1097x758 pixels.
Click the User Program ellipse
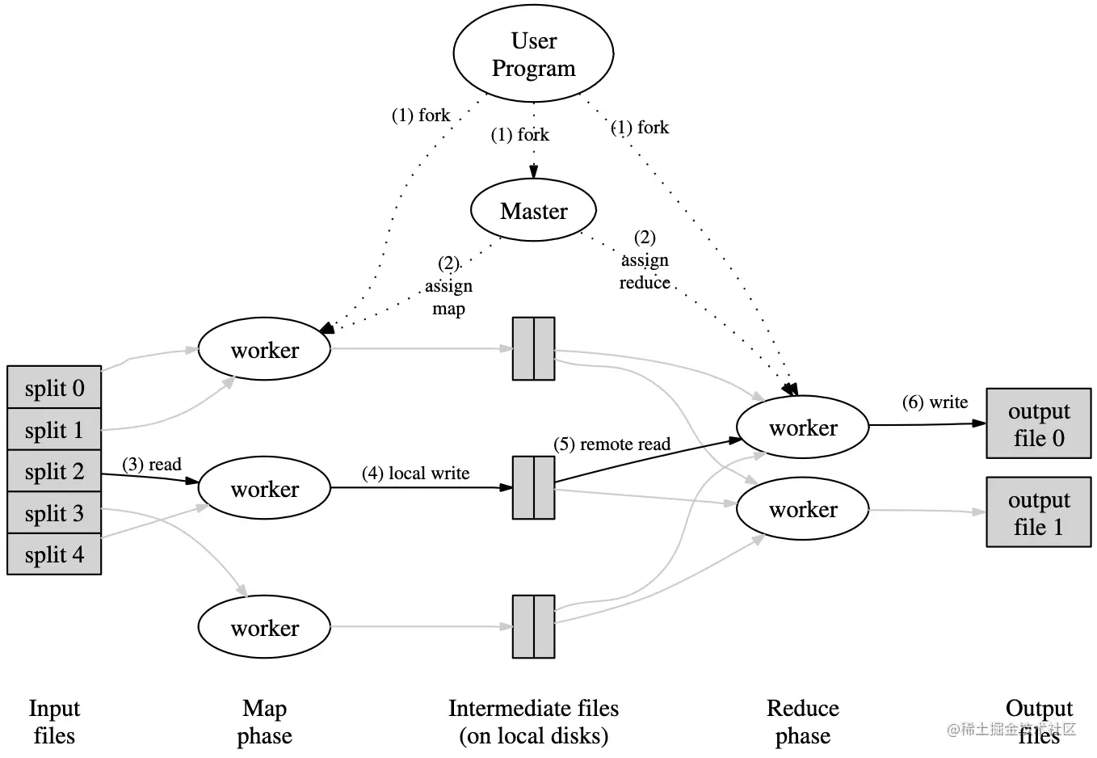click(x=533, y=54)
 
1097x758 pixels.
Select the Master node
click(x=533, y=211)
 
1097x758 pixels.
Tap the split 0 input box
click(x=54, y=388)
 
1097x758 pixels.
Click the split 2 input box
click(x=54, y=471)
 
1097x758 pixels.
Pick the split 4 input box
click(x=54, y=554)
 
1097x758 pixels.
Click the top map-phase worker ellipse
click(x=264, y=350)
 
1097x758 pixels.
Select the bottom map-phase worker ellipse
click(x=264, y=628)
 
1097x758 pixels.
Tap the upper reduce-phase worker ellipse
click(x=802, y=427)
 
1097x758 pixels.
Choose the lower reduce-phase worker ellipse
click(x=802, y=509)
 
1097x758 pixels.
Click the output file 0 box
click(x=1038, y=424)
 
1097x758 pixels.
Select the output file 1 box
click(x=1038, y=513)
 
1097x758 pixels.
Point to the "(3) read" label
click(x=152, y=465)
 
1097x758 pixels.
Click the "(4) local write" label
click(x=415, y=474)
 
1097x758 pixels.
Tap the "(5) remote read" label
click(x=612, y=444)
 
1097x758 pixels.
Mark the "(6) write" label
click(x=935, y=402)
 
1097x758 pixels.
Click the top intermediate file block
click(x=533, y=348)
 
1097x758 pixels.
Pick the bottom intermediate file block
click(x=533, y=627)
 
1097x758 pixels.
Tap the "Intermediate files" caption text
click(x=533, y=709)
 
